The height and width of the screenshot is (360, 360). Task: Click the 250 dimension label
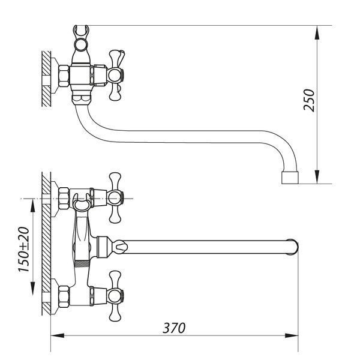click(x=308, y=100)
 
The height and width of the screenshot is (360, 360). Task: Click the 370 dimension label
click(x=174, y=328)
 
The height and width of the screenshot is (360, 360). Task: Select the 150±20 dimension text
click(x=23, y=250)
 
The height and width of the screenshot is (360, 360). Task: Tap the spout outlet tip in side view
click(x=290, y=178)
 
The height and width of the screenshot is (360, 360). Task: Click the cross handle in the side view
click(x=116, y=76)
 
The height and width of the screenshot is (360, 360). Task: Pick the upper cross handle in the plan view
click(x=115, y=197)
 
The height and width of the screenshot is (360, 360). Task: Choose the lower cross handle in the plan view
click(x=115, y=296)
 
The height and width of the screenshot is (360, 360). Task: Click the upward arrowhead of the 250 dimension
click(x=317, y=32)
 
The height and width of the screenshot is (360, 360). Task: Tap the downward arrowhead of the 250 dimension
click(x=317, y=177)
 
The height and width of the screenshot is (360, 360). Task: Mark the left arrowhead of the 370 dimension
click(x=58, y=335)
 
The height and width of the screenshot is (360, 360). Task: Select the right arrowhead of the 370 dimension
click(x=292, y=335)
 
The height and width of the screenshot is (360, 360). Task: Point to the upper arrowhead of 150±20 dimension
click(x=32, y=205)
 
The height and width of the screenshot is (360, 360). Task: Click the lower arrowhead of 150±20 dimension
click(x=32, y=289)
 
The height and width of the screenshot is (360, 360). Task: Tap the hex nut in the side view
click(x=64, y=76)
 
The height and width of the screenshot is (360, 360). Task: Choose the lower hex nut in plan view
click(x=64, y=296)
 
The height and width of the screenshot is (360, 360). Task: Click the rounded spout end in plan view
click(x=292, y=247)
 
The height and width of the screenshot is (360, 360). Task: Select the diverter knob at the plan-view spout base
click(x=121, y=247)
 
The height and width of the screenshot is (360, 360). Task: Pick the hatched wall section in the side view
click(x=46, y=79)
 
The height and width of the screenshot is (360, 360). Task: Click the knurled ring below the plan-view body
click(x=82, y=263)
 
